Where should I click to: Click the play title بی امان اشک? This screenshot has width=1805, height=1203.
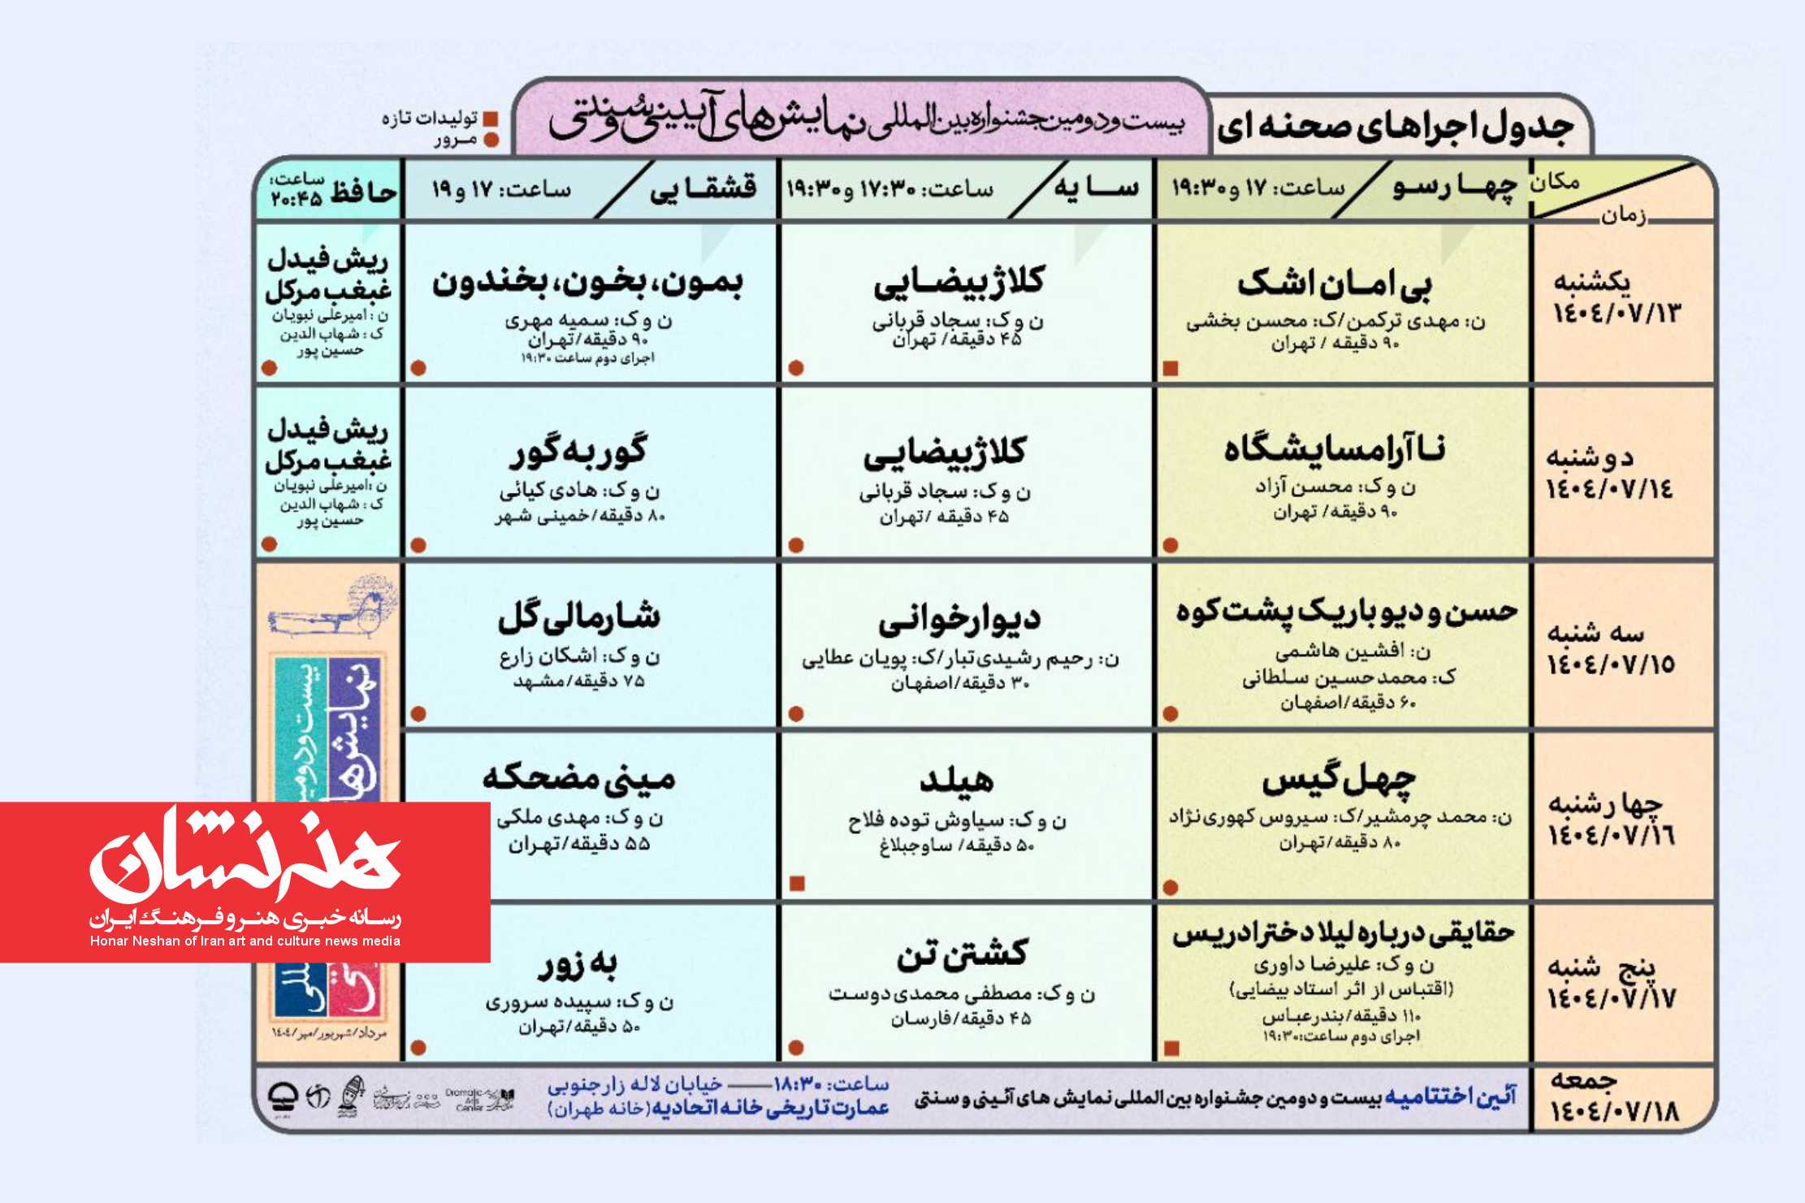coord(1334,283)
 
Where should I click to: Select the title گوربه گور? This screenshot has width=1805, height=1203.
coord(578,452)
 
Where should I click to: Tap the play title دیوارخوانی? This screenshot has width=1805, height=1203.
coord(959,620)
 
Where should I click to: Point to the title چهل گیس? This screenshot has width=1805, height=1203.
coord(1339,780)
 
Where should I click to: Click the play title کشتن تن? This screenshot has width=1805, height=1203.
coord(962,954)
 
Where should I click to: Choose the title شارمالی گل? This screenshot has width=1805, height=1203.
coord(578,617)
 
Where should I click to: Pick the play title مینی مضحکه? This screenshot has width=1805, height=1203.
coord(578,778)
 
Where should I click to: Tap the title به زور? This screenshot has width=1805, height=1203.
coord(578,964)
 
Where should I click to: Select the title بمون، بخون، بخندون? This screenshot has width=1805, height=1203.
coord(587,283)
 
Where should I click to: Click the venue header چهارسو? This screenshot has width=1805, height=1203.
coord(1454,188)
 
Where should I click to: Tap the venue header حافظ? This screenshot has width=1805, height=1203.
coord(362,192)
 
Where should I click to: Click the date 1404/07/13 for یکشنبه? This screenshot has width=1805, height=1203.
coord(1616,314)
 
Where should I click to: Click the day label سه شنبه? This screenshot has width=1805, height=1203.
coord(1595,633)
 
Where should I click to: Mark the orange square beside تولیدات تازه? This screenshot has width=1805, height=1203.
coord(491,119)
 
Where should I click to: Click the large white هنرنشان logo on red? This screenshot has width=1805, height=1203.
coord(245,856)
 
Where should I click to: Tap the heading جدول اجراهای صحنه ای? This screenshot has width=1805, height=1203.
coord(1395,127)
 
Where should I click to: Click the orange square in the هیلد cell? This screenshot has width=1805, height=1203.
coord(797,884)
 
